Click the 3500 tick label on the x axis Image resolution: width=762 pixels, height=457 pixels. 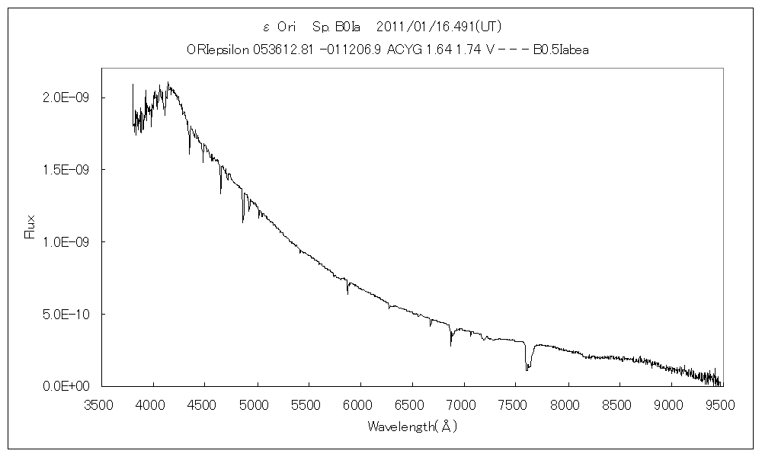[101, 405]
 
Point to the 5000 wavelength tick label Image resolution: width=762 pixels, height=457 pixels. [257, 405]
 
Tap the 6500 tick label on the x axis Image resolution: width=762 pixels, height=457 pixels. [412, 405]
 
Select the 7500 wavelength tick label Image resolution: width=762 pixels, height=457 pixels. [516, 405]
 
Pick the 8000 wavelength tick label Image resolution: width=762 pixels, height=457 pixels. [568, 405]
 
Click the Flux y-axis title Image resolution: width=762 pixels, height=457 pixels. [31, 228]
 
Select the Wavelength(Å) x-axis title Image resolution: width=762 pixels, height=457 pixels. [411, 427]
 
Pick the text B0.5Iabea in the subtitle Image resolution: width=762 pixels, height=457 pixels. [561, 50]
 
